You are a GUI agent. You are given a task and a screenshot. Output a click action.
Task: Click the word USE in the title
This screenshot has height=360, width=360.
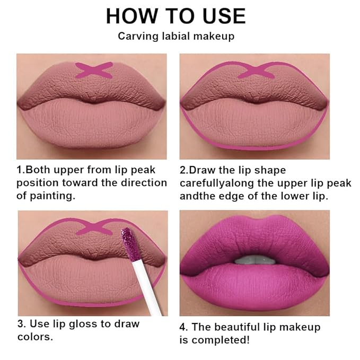coord(221,16)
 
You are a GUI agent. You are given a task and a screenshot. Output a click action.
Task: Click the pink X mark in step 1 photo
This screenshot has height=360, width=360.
coord(94,70)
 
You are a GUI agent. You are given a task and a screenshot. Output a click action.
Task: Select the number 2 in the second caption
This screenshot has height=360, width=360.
coord(183,170)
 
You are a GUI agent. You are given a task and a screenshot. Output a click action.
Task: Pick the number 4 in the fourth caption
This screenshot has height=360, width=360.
coord(183,327)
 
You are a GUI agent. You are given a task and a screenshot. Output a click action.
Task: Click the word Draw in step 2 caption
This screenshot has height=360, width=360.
coord(201,170)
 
